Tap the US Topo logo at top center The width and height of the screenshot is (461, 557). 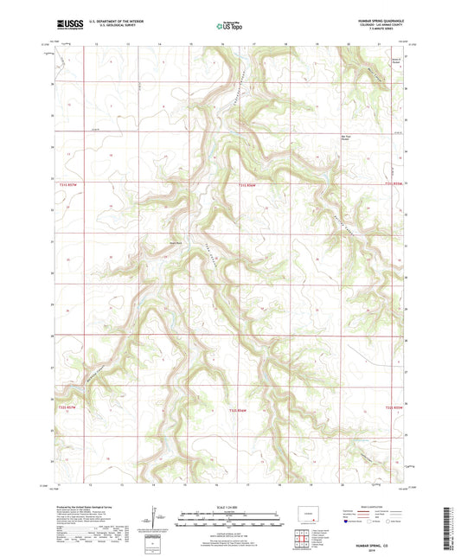228,27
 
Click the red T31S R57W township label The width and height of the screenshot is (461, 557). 69,184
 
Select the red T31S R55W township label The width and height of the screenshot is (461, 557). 394,183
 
